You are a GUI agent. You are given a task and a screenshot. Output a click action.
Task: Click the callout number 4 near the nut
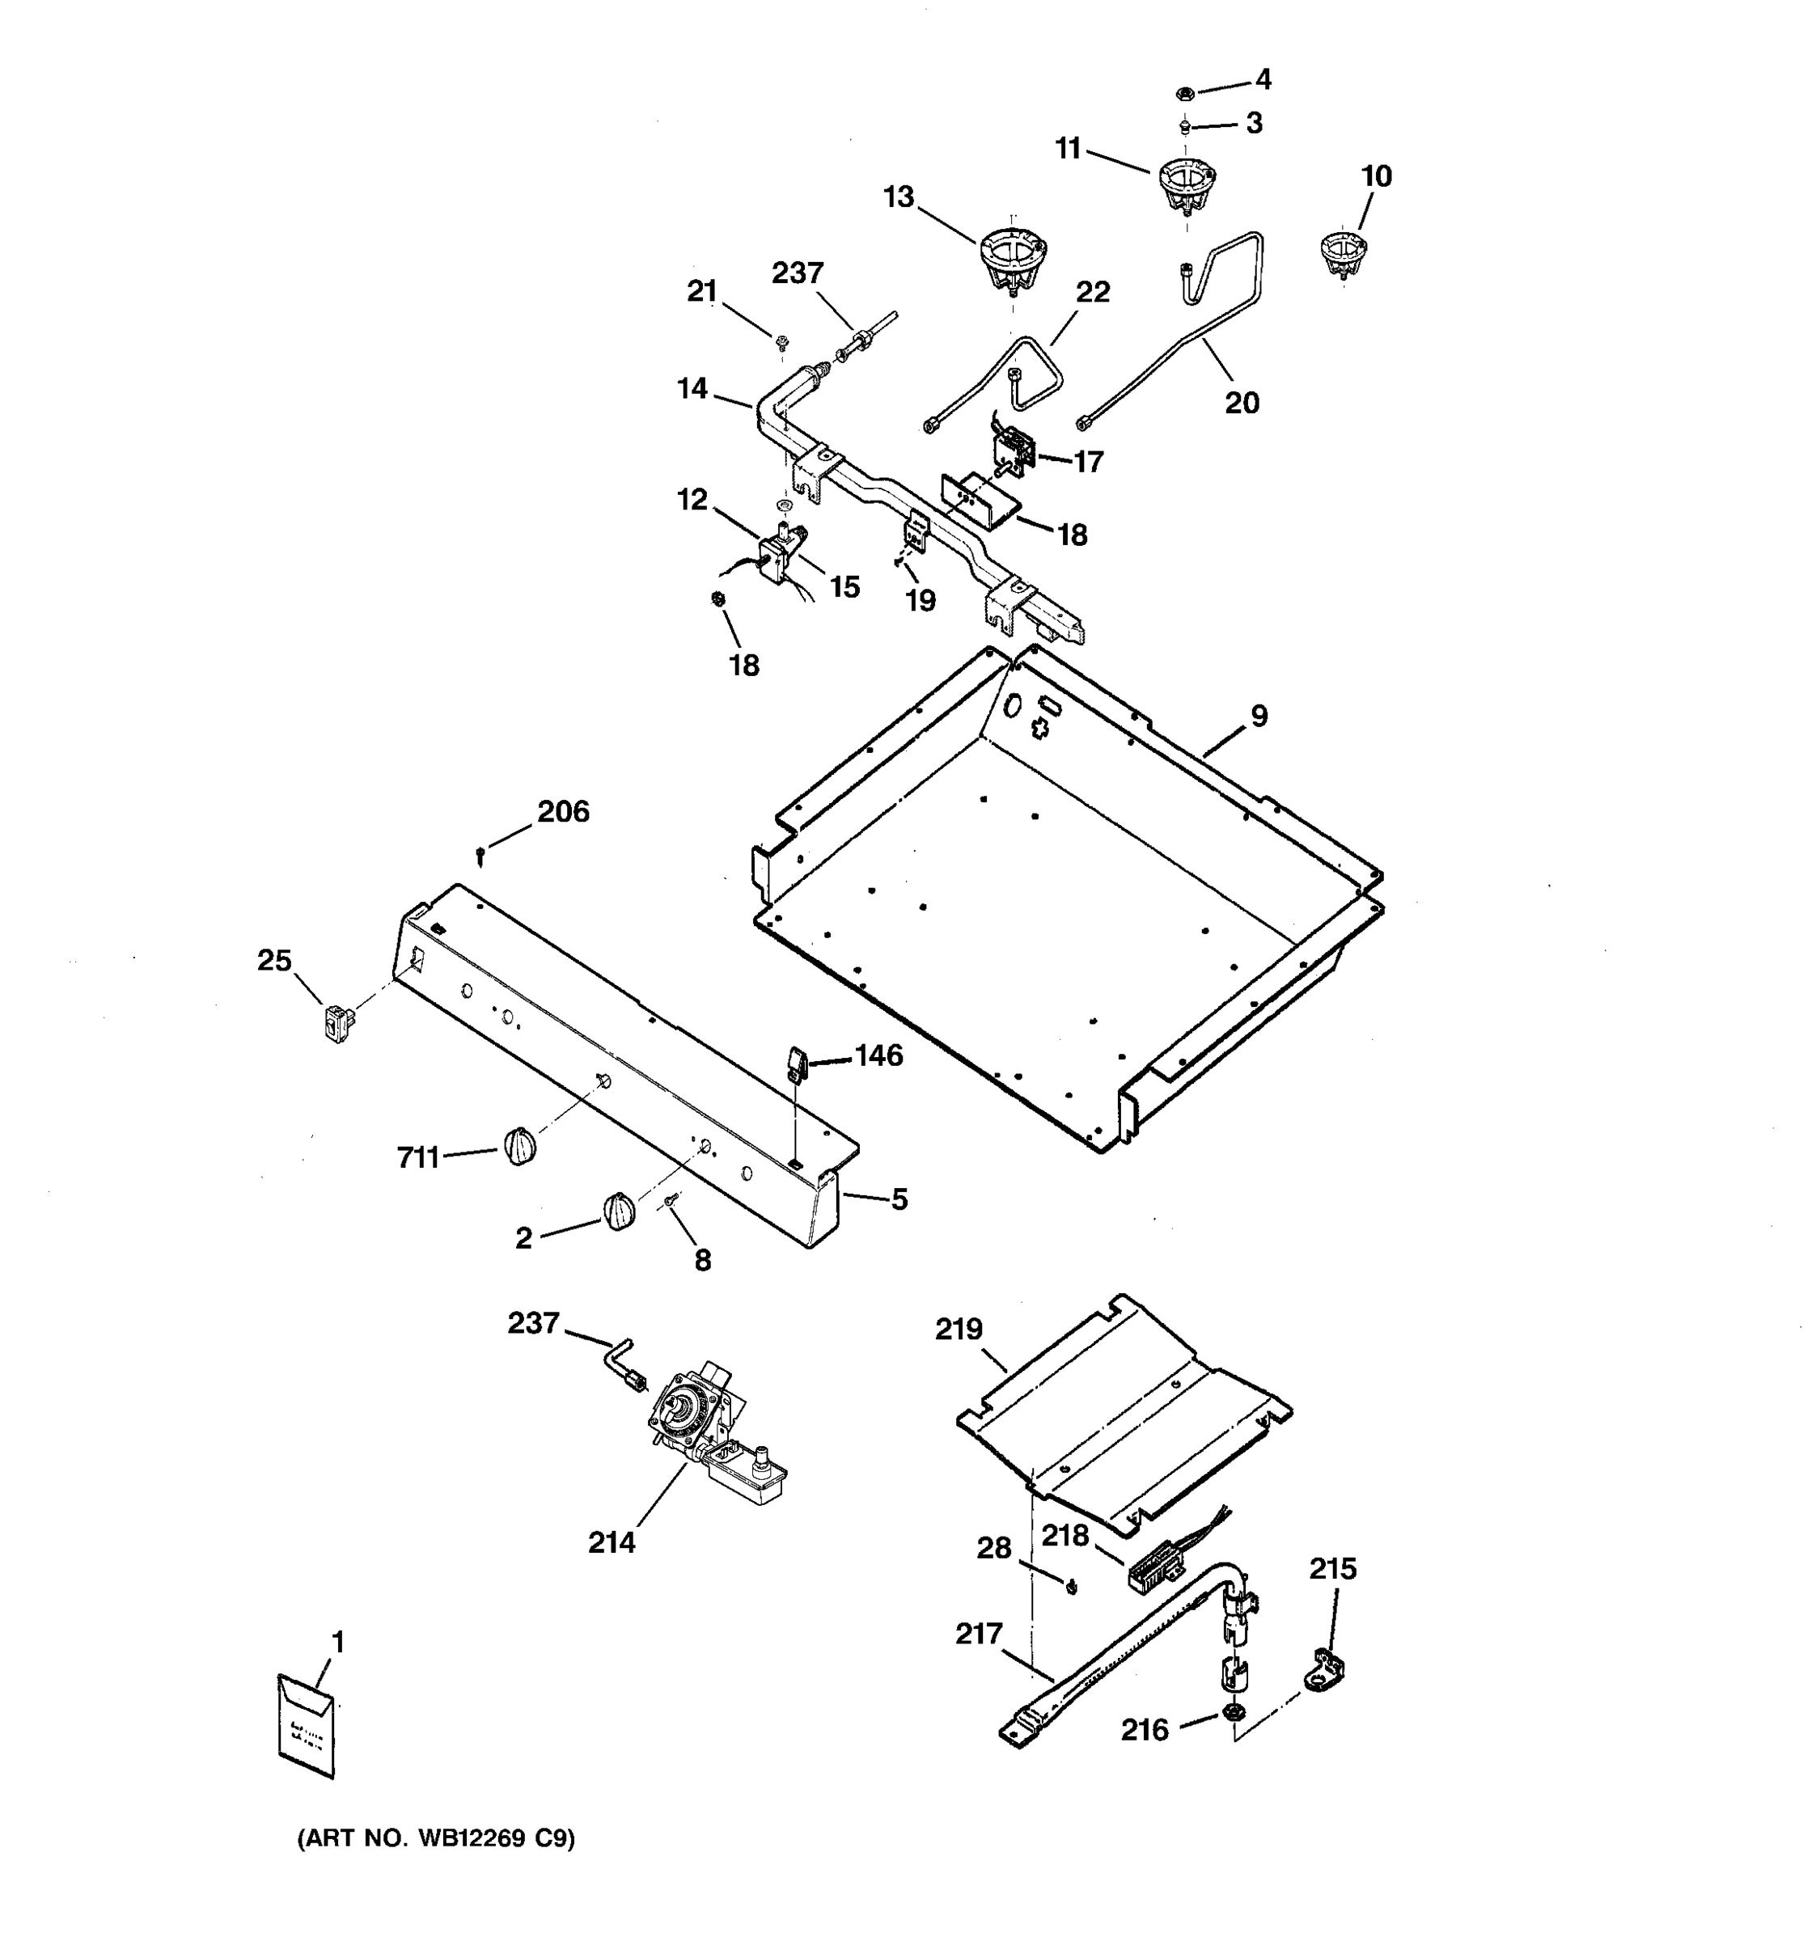[x=1263, y=79]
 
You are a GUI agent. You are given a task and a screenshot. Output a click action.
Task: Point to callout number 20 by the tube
[x=1242, y=402]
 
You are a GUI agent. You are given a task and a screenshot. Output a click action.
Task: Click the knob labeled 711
[x=520, y=1145]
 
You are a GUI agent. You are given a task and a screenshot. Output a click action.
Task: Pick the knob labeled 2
[x=618, y=1212]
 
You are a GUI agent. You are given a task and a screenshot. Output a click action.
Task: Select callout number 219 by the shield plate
[x=959, y=1329]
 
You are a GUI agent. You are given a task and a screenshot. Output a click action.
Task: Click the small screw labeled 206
[x=480, y=856]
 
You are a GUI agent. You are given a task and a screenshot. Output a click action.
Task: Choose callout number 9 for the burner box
[x=1259, y=716]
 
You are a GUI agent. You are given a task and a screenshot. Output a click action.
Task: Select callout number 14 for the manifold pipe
[x=692, y=388]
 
